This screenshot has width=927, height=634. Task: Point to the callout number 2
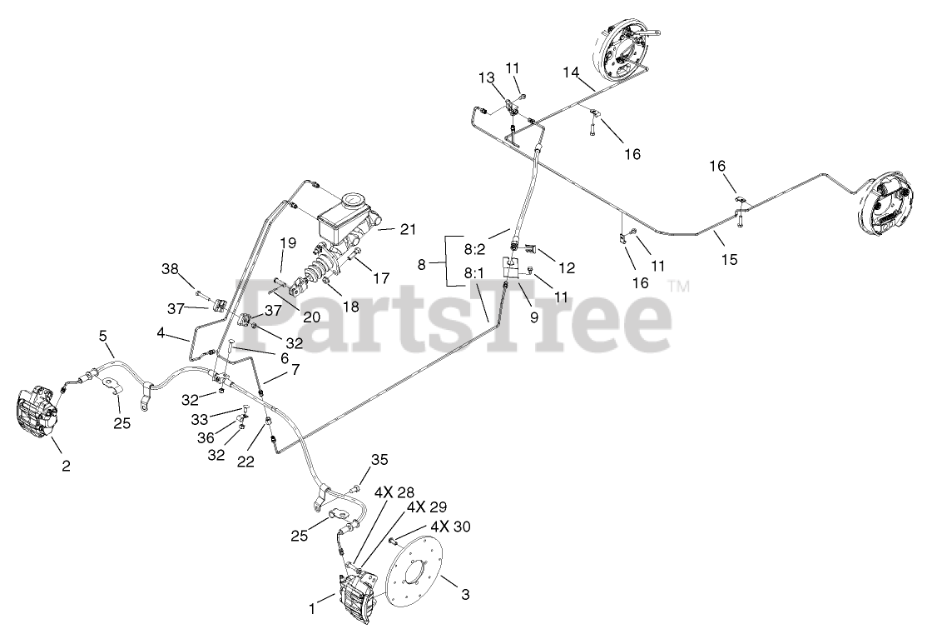coord(66,466)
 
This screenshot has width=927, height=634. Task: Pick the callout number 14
coord(570,72)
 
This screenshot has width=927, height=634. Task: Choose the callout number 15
coord(729,260)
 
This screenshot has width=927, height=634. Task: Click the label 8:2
coord(474,248)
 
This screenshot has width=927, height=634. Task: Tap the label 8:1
coord(474,272)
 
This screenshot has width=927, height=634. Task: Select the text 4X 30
coord(450,527)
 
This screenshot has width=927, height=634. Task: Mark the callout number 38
coord(170,269)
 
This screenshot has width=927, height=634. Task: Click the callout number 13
coord(486,77)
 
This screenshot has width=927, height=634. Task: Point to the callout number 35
coord(379,459)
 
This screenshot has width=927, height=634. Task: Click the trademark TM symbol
coord(679,287)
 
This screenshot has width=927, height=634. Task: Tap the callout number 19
coord(287,243)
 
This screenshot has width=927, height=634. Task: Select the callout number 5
coord(103,336)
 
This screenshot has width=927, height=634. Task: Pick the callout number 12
coord(567,268)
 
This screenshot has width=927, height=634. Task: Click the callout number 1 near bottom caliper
coord(313,609)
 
